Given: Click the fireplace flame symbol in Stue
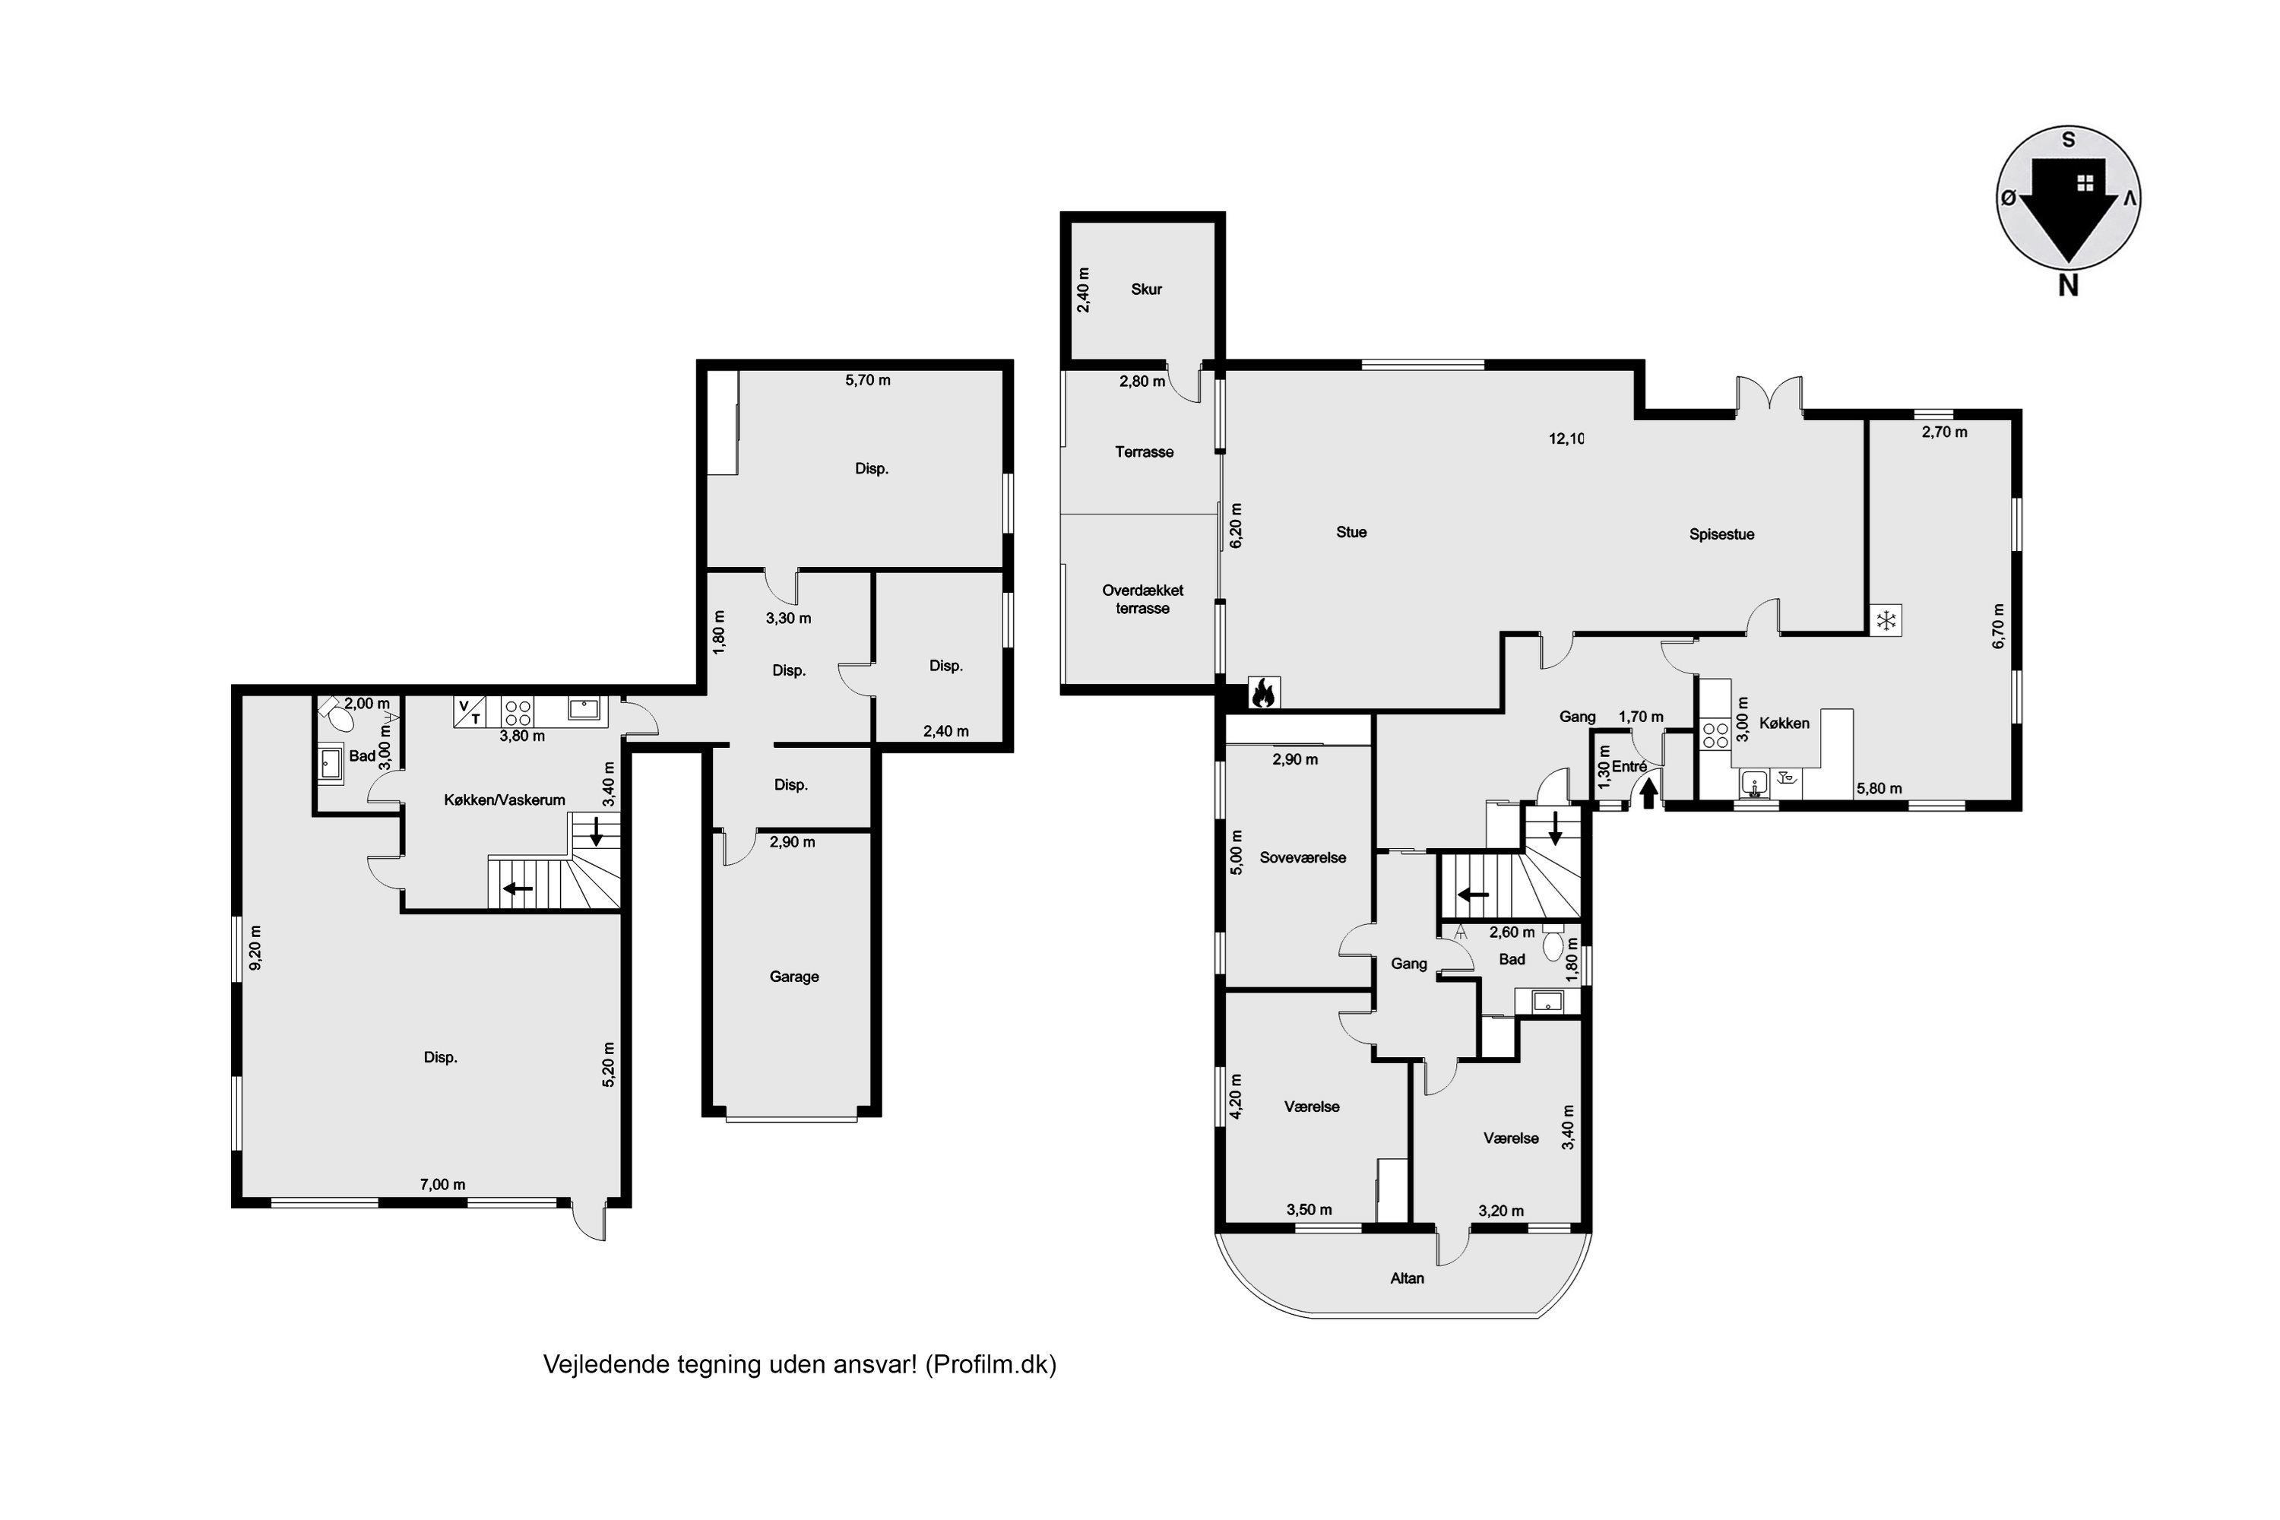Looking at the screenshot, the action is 1262,691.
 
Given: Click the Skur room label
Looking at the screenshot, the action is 1146,289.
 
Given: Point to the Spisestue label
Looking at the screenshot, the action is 1721,534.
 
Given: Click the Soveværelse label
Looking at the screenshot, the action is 1303,857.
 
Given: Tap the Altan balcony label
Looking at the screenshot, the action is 1408,1278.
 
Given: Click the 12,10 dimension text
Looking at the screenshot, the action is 1566,439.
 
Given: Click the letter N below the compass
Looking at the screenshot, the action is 2068,285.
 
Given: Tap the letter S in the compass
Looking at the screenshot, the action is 2069,140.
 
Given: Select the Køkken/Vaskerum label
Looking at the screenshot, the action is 504,800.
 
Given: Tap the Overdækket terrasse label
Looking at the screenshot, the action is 1143,599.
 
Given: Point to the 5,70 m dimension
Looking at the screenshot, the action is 868,380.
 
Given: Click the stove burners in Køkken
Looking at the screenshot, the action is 1715,735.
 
